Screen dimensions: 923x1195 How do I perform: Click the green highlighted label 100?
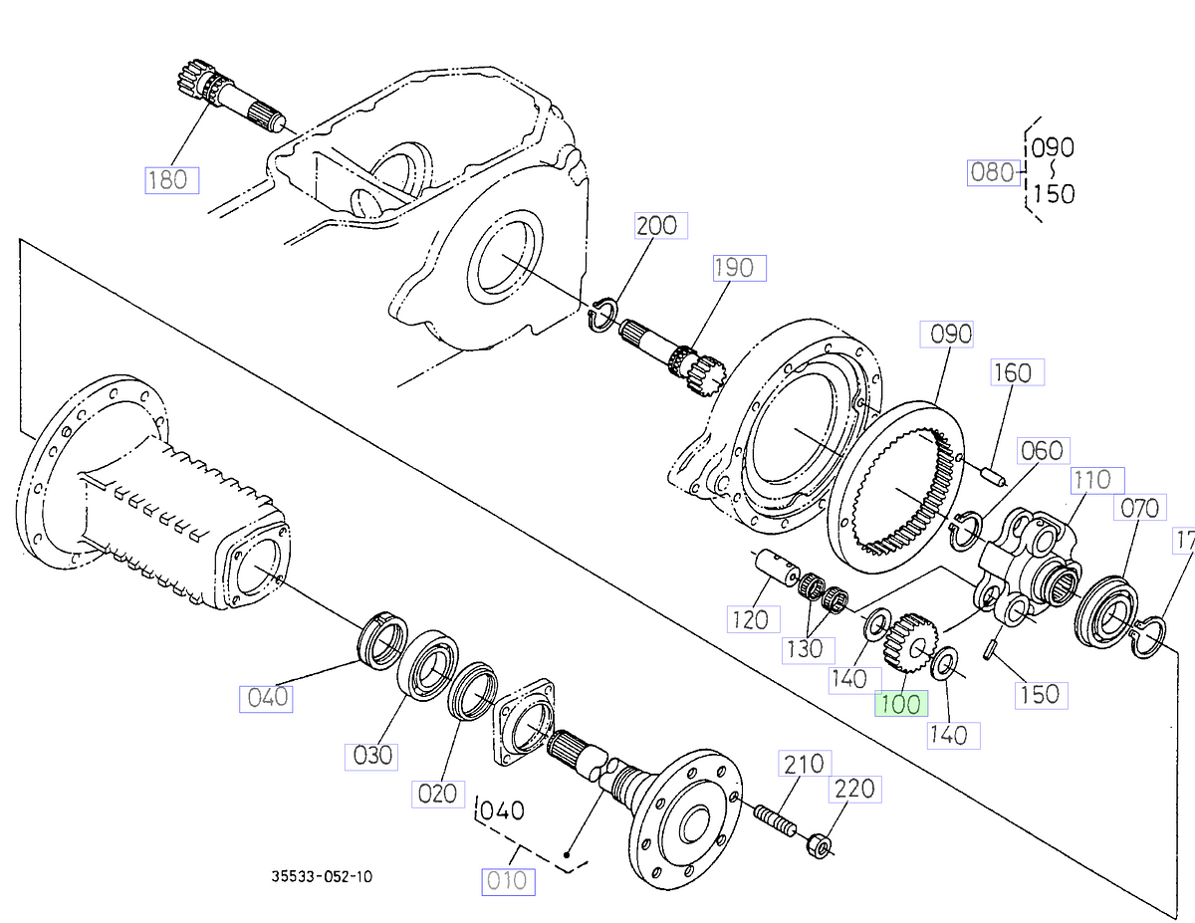[900, 703]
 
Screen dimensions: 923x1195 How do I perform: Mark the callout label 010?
[508, 881]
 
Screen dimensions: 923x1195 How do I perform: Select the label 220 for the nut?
[854, 789]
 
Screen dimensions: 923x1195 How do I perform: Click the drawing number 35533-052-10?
[323, 877]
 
